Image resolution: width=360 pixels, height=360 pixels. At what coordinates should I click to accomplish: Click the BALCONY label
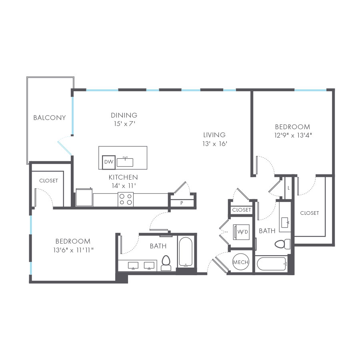click(50, 118)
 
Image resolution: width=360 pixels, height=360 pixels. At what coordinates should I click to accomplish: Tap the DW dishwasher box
click(108, 162)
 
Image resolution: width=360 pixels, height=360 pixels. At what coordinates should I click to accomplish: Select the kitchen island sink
click(125, 162)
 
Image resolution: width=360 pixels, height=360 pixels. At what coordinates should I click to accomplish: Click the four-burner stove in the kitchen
click(126, 199)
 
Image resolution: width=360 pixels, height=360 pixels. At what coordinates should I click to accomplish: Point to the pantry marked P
click(182, 203)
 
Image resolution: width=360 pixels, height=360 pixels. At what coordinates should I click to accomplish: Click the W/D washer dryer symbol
click(241, 232)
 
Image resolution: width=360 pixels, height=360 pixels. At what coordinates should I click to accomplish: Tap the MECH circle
click(241, 262)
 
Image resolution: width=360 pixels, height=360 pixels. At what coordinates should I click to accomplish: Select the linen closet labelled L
click(288, 188)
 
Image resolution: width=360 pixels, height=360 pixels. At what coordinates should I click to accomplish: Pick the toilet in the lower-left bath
click(166, 263)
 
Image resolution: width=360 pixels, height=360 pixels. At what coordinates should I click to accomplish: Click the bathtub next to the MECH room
click(272, 264)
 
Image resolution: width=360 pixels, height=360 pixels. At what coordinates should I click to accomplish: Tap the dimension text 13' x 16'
click(215, 144)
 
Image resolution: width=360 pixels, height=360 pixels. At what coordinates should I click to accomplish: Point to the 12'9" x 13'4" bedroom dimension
click(293, 135)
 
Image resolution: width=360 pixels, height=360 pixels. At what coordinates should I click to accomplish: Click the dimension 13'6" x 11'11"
click(74, 250)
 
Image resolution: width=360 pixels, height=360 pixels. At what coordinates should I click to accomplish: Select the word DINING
click(124, 115)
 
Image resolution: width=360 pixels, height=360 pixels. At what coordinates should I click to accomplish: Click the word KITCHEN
click(123, 177)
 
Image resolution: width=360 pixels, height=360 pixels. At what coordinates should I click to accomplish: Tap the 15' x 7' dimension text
click(124, 124)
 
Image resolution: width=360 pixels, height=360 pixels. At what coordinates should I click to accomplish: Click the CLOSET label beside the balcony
click(48, 180)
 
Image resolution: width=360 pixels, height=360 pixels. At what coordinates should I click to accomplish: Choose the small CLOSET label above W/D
click(242, 210)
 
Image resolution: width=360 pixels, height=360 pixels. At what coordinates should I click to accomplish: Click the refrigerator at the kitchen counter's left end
click(84, 197)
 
